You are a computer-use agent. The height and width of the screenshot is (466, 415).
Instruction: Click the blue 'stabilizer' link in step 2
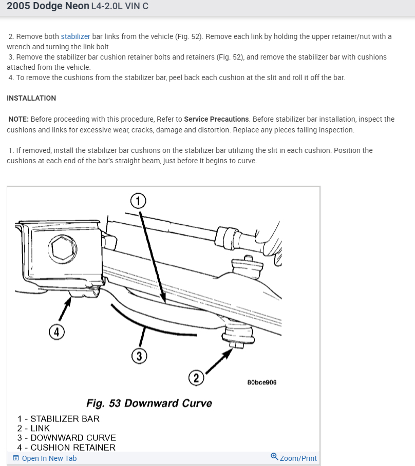click(76, 36)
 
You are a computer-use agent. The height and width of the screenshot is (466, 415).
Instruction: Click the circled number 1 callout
click(138, 200)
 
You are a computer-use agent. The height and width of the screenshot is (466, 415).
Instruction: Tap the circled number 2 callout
click(196, 378)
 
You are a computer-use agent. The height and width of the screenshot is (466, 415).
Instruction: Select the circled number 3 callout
click(139, 355)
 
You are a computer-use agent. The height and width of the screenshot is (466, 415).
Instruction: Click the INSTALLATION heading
click(31, 98)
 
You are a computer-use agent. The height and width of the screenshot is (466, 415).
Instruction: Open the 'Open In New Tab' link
click(49, 458)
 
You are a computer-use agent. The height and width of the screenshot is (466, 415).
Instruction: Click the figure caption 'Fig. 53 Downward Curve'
click(149, 403)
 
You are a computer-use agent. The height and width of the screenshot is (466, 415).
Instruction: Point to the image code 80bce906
click(262, 382)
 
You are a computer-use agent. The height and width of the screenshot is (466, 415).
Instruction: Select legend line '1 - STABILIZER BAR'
click(58, 419)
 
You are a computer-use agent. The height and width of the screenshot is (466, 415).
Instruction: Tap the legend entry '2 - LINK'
click(33, 428)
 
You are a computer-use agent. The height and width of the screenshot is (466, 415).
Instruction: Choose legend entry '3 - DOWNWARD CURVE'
click(66, 438)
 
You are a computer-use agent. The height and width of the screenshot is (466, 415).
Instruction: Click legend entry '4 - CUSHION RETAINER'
click(66, 448)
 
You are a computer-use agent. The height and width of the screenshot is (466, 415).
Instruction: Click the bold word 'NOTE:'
click(18, 119)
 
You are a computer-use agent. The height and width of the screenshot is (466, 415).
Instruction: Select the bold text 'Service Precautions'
click(216, 119)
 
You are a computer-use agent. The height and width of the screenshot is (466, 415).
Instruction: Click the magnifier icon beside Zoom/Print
click(274, 456)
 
